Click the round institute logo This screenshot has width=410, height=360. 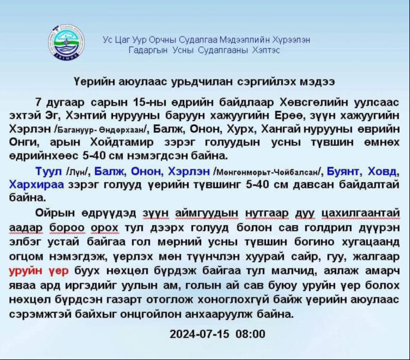tap(68, 42)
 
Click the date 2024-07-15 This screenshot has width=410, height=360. tap(200, 334)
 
